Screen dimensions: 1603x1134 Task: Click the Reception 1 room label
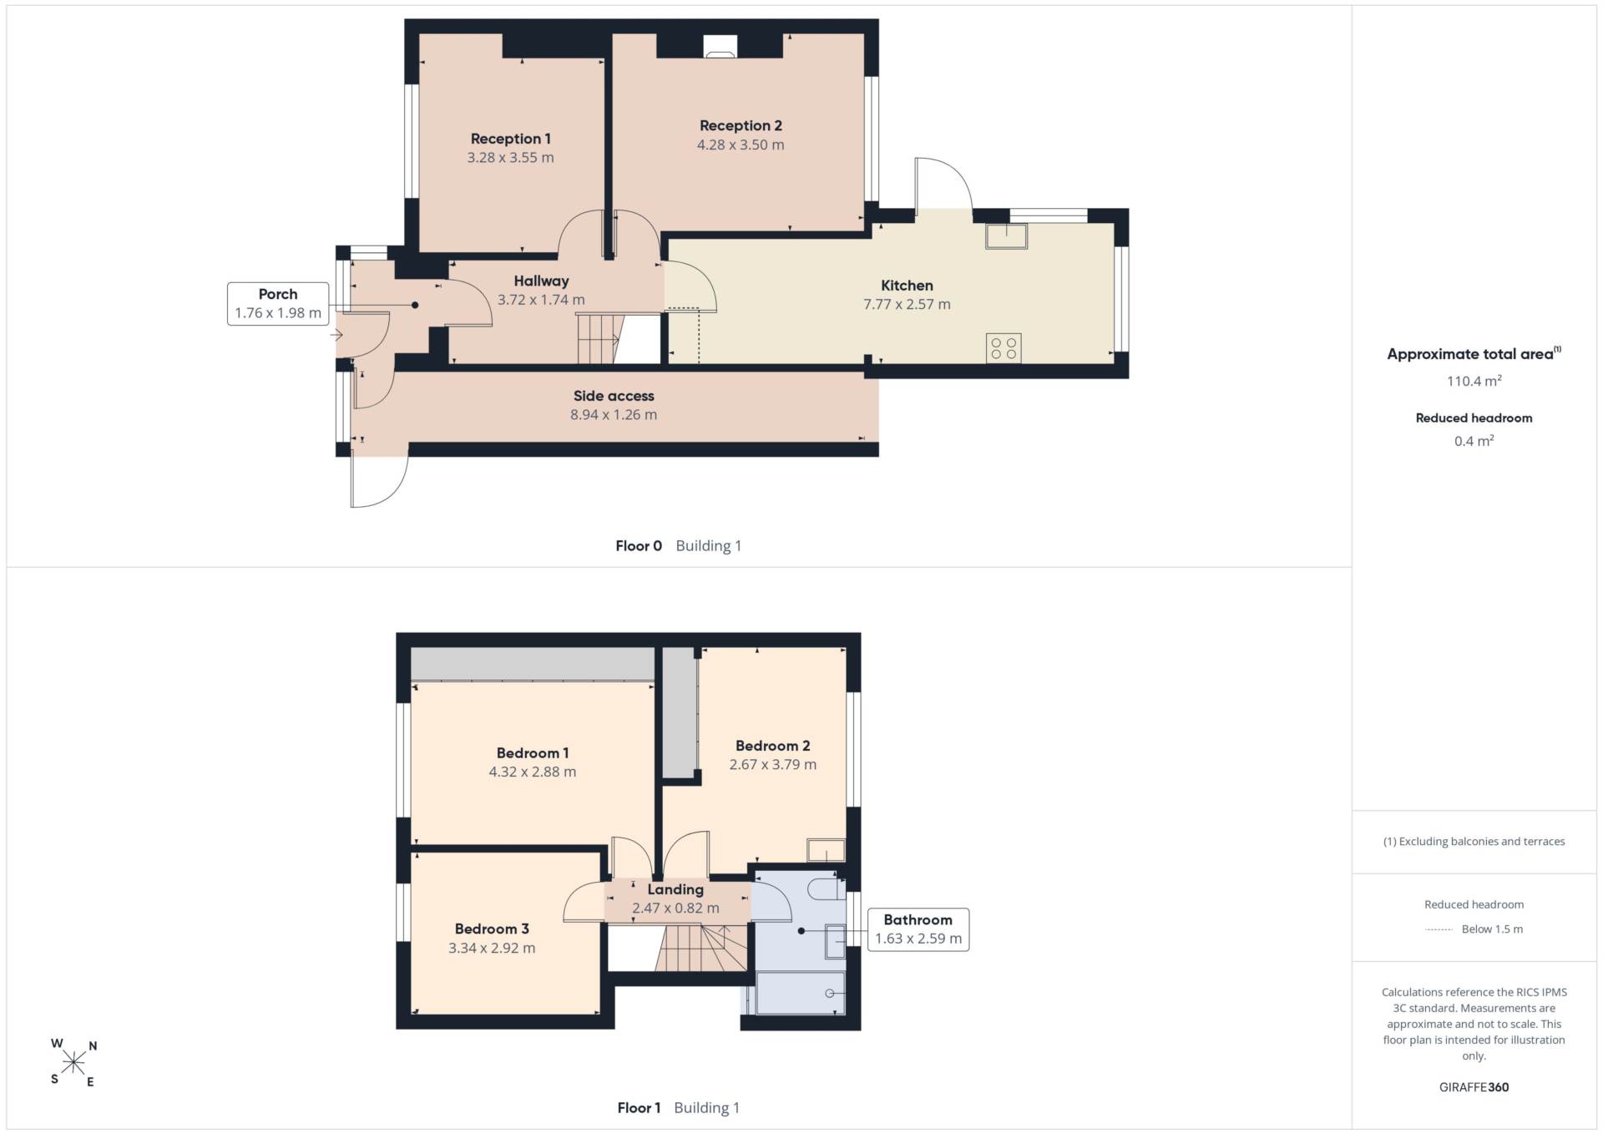coord(510,139)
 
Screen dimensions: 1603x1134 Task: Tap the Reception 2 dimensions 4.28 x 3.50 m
coord(741,144)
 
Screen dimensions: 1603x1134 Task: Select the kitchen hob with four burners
coord(1004,348)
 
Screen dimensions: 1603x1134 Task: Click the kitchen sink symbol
coord(1006,236)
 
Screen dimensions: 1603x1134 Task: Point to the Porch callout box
coord(278,303)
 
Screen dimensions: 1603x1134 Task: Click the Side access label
coord(614,396)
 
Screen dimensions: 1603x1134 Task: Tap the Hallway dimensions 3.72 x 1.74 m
coord(541,300)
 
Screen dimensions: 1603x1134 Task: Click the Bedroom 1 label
coord(533,753)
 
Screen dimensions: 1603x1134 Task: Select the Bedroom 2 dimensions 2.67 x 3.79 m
coord(773,764)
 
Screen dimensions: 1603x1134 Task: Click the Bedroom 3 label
coord(492,929)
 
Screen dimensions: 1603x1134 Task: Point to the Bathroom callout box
coord(918,929)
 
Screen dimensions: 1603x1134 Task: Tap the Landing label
coord(675,889)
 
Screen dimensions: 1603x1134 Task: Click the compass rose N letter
coord(93,1045)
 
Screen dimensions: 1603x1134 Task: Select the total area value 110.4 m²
coord(1474,381)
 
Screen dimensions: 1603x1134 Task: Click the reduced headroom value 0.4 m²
coord(1474,441)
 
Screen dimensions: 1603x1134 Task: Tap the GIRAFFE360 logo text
coord(1474,1087)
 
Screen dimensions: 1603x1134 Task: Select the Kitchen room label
coord(907,286)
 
